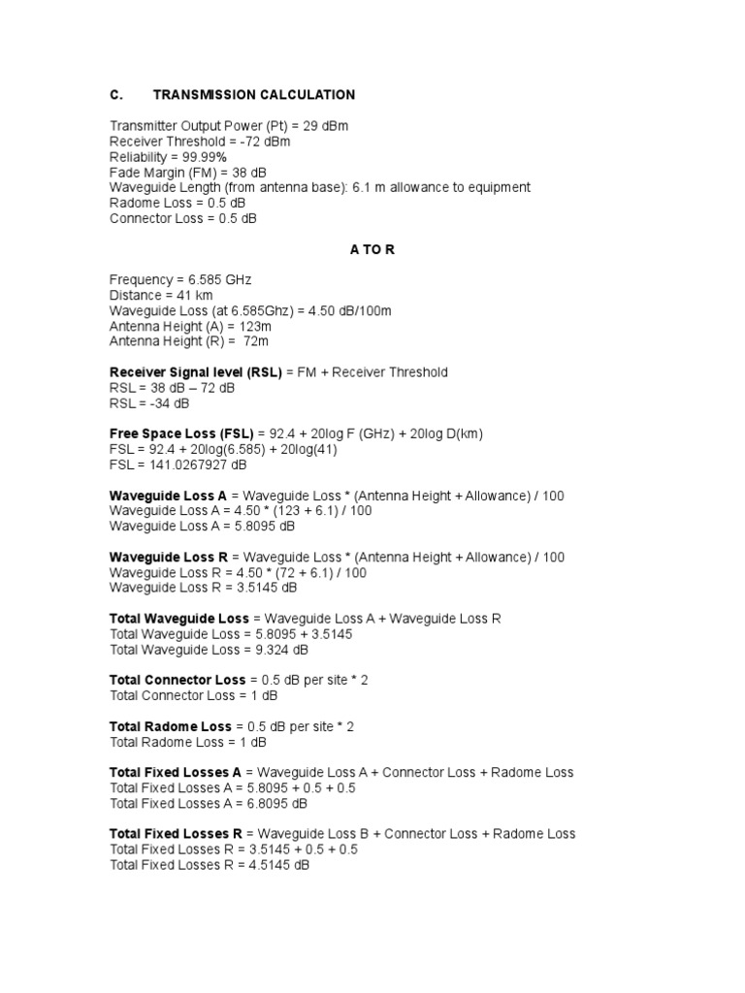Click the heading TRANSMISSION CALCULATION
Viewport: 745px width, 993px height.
click(254, 95)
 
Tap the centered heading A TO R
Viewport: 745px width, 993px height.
click(372, 249)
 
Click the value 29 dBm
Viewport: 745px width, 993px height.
click(325, 126)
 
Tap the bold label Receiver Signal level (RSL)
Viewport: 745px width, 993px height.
click(182, 372)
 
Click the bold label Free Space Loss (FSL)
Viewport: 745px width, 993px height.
click(181, 433)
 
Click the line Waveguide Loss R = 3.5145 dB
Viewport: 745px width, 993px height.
click(204, 588)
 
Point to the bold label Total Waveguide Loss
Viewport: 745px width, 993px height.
click(179, 619)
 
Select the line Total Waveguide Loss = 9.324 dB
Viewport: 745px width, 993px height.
click(209, 650)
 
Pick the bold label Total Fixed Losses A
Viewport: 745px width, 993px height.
click(176, 773)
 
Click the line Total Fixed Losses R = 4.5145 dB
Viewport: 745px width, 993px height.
click(210, 865)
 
